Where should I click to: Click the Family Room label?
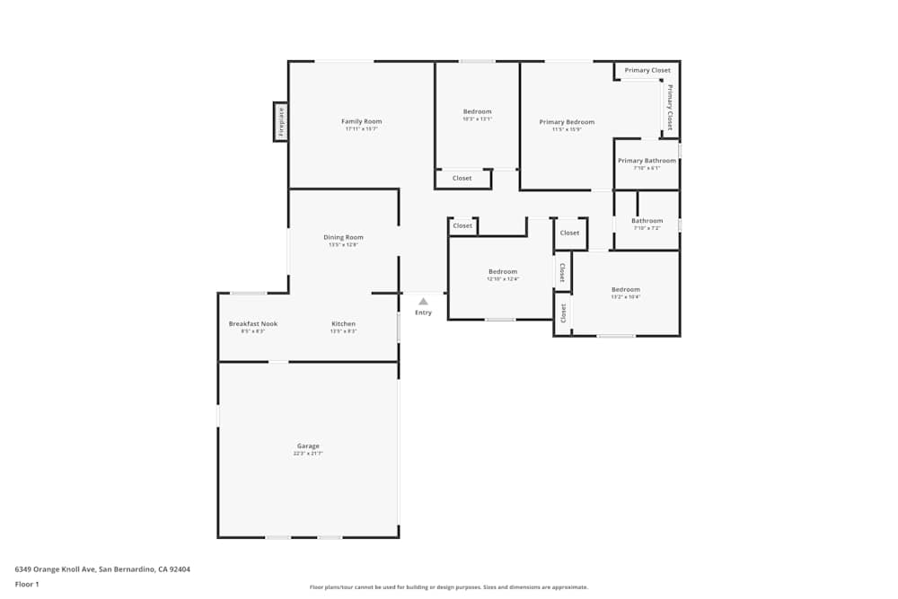point(361,121)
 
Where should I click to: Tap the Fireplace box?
point(281,121)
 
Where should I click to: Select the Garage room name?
point(308,446)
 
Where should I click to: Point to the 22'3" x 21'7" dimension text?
point(308,454)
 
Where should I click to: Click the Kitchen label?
point(343,323)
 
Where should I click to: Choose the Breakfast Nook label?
point(253,323)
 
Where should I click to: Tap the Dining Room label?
point(343,237)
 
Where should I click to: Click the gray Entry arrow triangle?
point(423,302)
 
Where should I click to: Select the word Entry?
point(423,313)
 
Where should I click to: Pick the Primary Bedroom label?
point(567,121)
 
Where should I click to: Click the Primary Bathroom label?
point(647,161)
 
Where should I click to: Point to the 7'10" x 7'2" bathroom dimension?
point(647,228)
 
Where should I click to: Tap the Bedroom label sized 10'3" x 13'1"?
point(477,111)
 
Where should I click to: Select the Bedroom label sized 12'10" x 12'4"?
point(502,271)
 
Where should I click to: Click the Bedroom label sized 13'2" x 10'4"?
point(625,289)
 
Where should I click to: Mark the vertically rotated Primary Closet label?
point(669,107)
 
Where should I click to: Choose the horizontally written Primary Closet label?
point(647,70)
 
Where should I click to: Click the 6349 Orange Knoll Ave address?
point(102,569)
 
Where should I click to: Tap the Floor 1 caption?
point(27,584)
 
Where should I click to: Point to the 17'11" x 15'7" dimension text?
point(361,129)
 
